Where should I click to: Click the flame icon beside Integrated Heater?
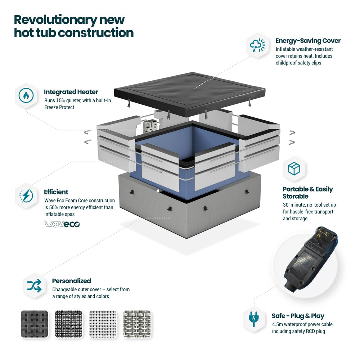pos(26,95)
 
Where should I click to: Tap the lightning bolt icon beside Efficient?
pos(26,195)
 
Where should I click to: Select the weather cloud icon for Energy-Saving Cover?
pos(257,45)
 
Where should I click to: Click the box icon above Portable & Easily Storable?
pos(294,168)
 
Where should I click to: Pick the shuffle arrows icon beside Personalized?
pos(34,286)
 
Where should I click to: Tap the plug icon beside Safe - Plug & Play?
pos(254,319)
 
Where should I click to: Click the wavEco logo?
pos(62,224)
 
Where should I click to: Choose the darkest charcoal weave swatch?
pos(35,324)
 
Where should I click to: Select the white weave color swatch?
pos(103,324)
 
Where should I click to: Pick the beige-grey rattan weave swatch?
pos(137,324)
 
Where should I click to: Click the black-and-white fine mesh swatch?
pos(69,324)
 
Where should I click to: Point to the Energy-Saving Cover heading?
pos(308,41)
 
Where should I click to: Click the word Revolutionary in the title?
pos(55,20)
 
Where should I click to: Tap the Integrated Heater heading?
pos(71,92)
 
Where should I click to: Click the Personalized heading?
pos(71,281)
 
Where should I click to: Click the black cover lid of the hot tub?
pos(190,94)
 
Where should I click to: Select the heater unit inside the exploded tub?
pos(150,126)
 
